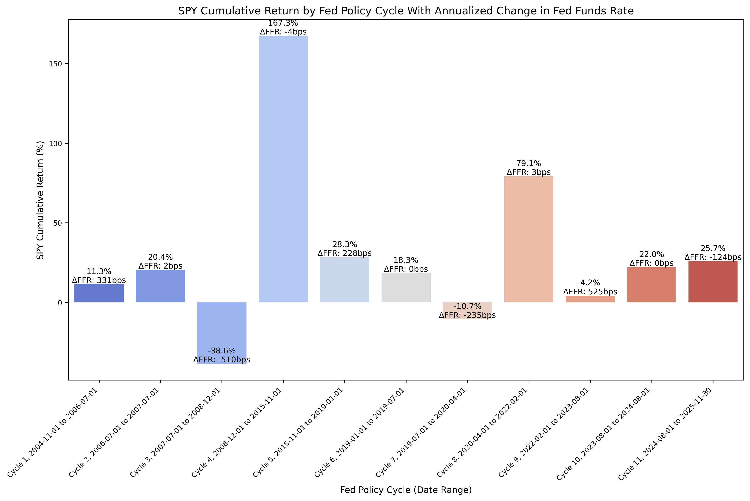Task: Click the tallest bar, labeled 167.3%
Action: pyautogui.click(x=283, y=169)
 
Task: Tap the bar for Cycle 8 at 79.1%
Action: pyautogui.click(x=528, y=240)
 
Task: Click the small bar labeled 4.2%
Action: pyautogui.click(x=590, y=299)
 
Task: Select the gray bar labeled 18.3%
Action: pyautogui.click(x=406, y=288)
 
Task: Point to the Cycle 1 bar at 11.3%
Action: pyautogui.click(x=99, y=293)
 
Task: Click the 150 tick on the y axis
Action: pyautogui.click(x=55, y=64)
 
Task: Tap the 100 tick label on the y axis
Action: pyautogui.click(x=55, y=143)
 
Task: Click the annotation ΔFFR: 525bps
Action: pyautogui.click(x=590, y=292)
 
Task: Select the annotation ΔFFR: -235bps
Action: pyautogui.click(x=467, y=315)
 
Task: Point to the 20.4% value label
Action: pyautogui.click(x=160, y=257)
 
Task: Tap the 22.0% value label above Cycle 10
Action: pyautogui.click(x=651, y=255)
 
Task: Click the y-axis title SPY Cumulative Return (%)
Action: pyautogui.click(x=40, y=200)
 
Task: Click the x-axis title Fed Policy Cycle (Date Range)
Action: pyautogui.click(x=406, y=490)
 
